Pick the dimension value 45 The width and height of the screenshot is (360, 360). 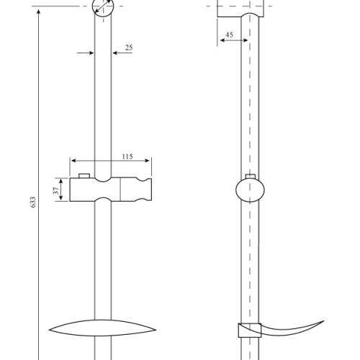click(x=229, y=35)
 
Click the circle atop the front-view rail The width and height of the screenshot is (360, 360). click(x=103, y=9)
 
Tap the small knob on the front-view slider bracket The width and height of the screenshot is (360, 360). click(x=85, y=175)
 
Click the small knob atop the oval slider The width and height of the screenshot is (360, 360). click(x=250, y=176)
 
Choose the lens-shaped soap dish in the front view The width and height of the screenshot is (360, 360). click(x=103, y=327)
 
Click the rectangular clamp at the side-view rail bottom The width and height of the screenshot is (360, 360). click(x=247, y=332)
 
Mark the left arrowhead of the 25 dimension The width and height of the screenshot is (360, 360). click(x=91, y=53)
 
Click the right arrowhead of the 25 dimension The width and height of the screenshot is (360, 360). click(x=114, y=53)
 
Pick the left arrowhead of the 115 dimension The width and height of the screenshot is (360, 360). click(x=73, y=161)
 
